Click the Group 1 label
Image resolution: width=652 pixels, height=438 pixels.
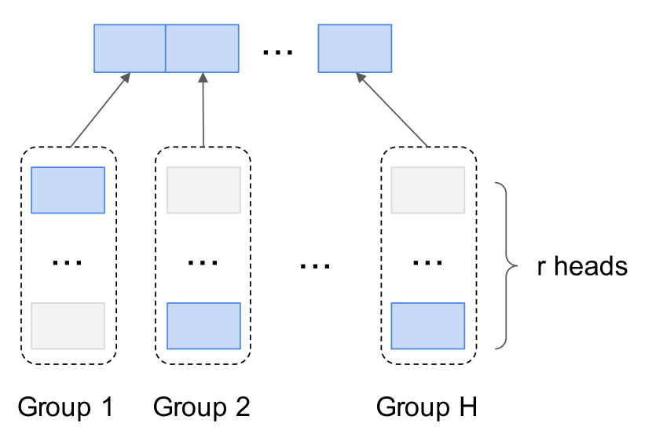66,407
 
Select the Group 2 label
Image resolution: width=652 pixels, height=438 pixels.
202,407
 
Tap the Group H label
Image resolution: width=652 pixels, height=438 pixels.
427,407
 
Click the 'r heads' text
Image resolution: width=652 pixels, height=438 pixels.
582,266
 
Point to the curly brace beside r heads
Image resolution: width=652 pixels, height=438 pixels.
506,265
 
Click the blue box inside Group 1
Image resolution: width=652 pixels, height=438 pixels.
68,190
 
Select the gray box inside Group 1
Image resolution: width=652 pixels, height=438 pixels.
68,326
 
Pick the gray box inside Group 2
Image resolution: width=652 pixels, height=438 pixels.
203,190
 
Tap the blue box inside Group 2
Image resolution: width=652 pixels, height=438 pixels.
203,326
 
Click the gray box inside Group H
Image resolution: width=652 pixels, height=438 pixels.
428,190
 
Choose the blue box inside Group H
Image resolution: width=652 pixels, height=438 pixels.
428,326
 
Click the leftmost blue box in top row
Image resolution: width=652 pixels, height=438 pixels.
130,49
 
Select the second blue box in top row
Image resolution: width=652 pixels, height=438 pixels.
202,49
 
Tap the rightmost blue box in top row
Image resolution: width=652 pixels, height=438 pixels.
354,49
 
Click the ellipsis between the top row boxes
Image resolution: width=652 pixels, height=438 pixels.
277,52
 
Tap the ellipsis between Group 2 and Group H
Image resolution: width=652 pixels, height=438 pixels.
315,266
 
